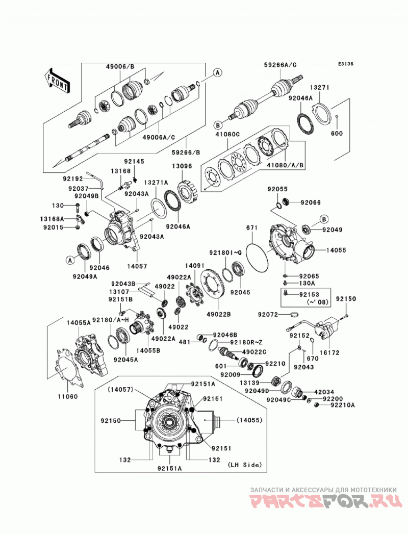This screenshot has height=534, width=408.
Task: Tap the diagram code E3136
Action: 346,64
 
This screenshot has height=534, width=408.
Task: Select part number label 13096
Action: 182,166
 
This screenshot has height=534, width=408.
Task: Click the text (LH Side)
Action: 244,465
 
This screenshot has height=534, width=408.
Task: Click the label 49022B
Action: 219,314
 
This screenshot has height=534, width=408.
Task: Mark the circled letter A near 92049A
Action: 70,260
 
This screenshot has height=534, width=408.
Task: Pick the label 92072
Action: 268,314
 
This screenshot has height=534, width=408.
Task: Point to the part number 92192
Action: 73,177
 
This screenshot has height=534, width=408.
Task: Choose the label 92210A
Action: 343,405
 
